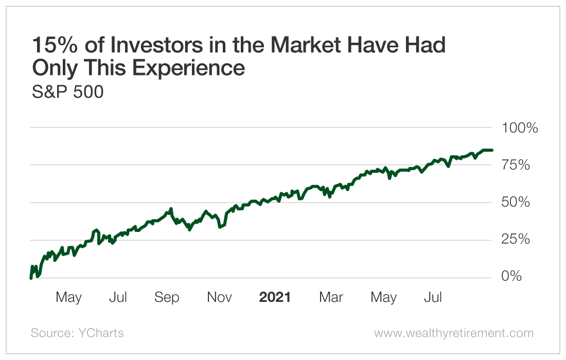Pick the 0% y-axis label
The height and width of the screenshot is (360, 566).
pyautogui.click(x=511, y=277)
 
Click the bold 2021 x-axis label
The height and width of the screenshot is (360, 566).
pyautogui.click(x=275, y=297)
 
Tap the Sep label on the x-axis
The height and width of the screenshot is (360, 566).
pyautogui.click(x=167, y=297)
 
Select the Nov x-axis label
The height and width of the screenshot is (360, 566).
pyautogui.click(x=219, y=297)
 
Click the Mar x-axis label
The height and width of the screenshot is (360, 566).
pyautogui.click(x=331, y=297)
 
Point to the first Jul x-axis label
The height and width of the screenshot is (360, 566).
pyautogui.click(x=118, y=297)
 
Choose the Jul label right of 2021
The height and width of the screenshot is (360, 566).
pyautogui.click(x=433, y=297)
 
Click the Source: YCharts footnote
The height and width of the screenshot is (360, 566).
pyautogui.click(x=77, y=333)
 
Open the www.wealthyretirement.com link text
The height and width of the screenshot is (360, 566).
pyautogui.click(x=454, y=333)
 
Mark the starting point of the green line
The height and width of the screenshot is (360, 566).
pyautogui.click(x=31, y=278)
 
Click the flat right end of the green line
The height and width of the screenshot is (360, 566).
pyautogui.click(x=491, y=150)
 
